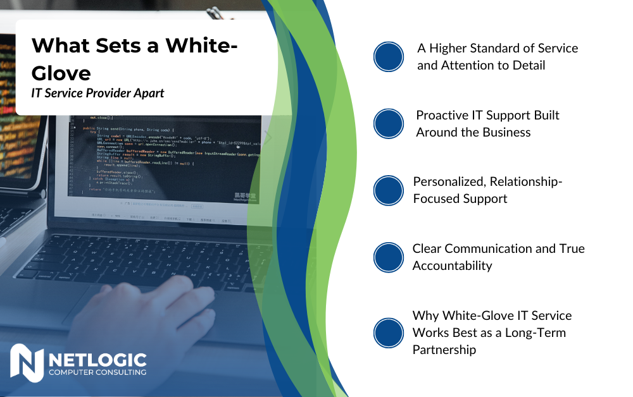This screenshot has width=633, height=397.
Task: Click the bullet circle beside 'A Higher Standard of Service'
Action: point(389,57)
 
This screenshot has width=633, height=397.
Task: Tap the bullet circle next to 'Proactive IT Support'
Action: point(389,124)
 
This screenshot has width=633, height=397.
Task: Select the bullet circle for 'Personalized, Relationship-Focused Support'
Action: point(389,190)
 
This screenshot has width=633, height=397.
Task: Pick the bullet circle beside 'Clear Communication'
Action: point(389,257)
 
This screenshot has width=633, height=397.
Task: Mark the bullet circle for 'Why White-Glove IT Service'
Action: point(389,333)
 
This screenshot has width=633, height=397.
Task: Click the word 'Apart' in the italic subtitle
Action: point(146,94)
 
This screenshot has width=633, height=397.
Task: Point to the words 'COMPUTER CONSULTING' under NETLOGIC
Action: point(97,372)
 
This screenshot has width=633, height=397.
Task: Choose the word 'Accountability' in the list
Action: point(452,266)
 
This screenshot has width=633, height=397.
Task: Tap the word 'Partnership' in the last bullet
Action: point(444,350)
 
